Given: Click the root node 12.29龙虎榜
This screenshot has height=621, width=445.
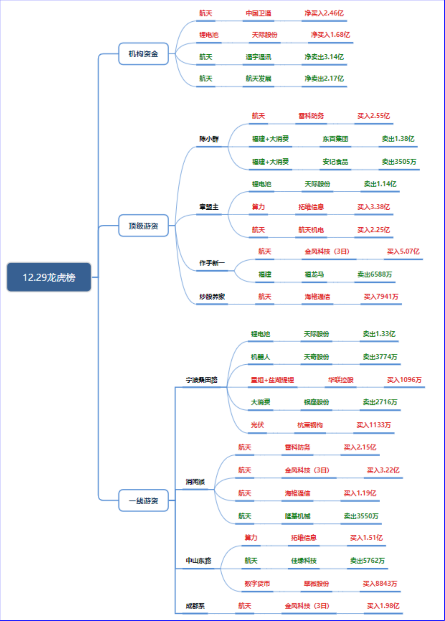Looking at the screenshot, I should click(x=49, y=277).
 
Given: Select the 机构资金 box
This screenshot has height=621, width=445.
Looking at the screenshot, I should click(x=143, y=54).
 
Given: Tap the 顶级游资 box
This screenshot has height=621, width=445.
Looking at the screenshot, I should click(x=143, y=225).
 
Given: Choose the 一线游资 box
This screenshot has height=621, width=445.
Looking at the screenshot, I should click(x=143, y=501).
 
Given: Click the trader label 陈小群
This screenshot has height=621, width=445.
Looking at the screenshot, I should click(x=209, y=139).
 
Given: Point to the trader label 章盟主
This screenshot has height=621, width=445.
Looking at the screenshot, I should click(x=209, y=207).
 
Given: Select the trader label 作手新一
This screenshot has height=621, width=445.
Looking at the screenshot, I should click(x=212, y=263).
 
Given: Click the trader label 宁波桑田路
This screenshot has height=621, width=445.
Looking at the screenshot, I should click(x=202, y=380).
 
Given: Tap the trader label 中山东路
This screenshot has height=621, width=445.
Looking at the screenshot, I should click(x=198, y=560).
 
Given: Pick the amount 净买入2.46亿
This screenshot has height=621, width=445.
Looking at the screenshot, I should click(x=324, y=13).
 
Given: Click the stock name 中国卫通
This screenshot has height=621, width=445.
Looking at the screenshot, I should click(x=258, y=13).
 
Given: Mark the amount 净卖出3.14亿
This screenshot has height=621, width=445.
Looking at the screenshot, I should click(x=324, y=57).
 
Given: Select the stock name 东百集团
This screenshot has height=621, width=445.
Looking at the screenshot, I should click(x=335, y=139).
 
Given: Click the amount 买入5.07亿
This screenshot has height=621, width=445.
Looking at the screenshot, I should click(x=403, y=251).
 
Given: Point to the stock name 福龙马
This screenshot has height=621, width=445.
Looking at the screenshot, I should click(x=314, y=274).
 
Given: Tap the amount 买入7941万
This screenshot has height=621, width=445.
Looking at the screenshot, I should click(x=381, y=296).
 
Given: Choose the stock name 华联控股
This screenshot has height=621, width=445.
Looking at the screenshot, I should click(x=341, y=380).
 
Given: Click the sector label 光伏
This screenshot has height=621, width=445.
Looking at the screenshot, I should click(x=257, y=425).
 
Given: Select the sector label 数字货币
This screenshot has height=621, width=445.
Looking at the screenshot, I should click(x=257, y=584).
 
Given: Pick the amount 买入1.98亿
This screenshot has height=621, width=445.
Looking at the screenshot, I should click(x=383, y=606).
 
